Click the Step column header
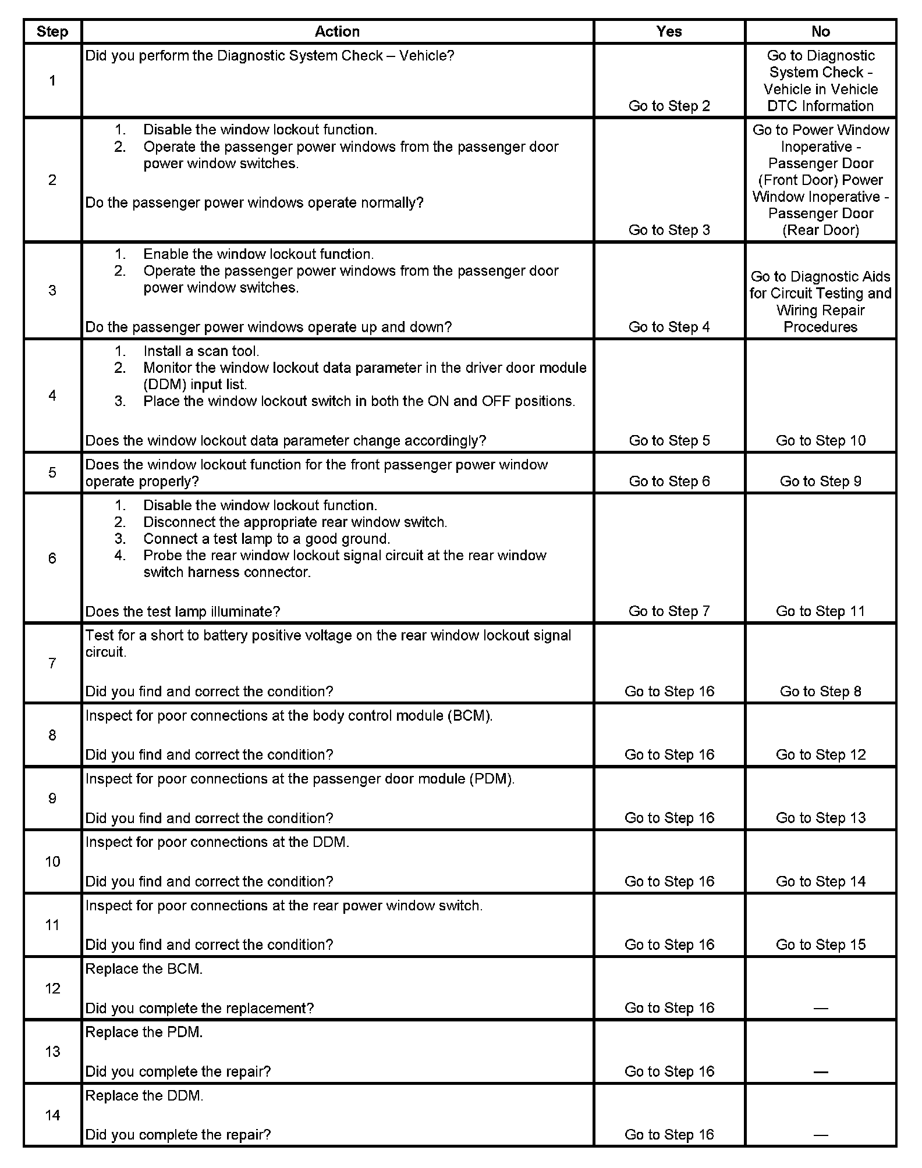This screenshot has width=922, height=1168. click(52, 31)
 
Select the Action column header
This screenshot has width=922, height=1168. click(337, 31)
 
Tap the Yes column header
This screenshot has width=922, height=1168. click(669, 31)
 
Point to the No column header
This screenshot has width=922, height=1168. click(820, 31)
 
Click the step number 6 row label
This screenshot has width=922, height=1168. click(52, 558)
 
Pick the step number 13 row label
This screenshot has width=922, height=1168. click(52, 1051)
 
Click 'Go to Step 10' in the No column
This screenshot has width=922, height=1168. click(820, 440)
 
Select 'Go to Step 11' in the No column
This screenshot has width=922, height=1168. click(820, 611)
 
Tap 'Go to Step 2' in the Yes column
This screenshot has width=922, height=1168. click(669, 106)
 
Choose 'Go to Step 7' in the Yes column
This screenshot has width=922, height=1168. click(669, 611)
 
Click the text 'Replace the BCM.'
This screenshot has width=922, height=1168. click(144, 968)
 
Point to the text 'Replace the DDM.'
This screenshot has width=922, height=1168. click(144, 1095)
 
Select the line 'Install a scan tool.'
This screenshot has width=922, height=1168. click(201, 351)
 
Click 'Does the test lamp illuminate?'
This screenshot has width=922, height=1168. click(183, 611)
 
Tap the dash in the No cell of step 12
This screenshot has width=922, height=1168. click(820, 1008)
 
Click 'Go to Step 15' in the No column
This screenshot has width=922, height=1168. click(820, 945)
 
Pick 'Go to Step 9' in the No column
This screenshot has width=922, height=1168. click(820, 481)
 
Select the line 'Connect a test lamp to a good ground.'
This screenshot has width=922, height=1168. click(267, 539)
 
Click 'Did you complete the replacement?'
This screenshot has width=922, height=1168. click(200, 1008)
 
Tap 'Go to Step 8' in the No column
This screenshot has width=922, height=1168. click(820, 691)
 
